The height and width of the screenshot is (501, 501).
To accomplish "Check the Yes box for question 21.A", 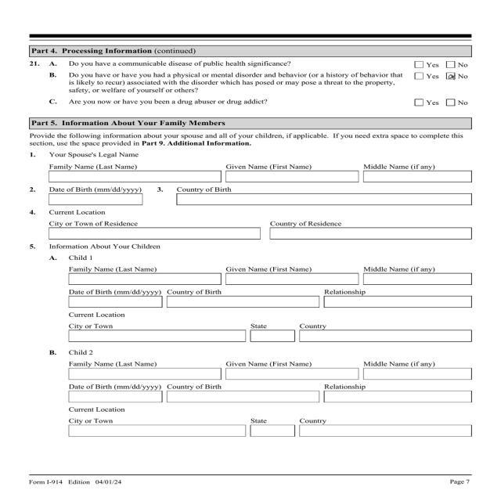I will point(419,63).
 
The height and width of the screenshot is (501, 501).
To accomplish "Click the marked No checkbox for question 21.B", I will point(450,76).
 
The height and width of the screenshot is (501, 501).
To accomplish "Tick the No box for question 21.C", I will point(450,103).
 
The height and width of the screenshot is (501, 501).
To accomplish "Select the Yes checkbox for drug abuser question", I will point(419,103).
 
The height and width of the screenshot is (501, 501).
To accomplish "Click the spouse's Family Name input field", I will point(135,177).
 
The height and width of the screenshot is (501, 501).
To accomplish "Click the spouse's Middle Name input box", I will point(417,177).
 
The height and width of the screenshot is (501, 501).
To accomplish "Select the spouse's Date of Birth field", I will point(96,200).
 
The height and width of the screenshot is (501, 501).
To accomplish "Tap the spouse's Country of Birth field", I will point(324,200).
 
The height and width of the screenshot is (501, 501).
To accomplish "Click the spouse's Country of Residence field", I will point(369,233).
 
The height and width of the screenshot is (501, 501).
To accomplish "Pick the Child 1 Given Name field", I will point(291,279).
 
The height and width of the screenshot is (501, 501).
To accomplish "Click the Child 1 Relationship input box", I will point(397,302).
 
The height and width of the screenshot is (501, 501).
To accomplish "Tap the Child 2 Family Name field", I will point(144,374).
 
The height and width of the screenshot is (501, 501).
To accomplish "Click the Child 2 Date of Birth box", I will point(115,397).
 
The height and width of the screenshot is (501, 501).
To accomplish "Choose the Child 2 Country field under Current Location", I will point(385,431).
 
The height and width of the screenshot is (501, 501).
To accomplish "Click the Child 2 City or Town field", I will point(157,431).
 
